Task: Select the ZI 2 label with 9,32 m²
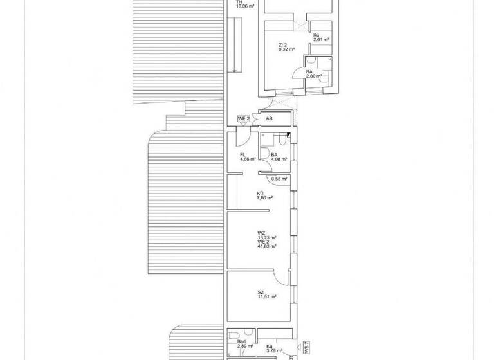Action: [286, 47]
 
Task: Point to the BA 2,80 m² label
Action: [313, 75]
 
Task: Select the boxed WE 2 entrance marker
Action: [243, 118]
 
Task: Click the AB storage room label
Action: [269, 119]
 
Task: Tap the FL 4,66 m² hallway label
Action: [248, 157]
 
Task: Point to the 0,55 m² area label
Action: [279, 179]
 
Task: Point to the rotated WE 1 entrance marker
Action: [307, 347]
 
